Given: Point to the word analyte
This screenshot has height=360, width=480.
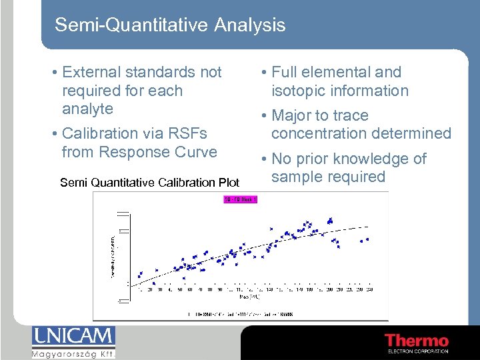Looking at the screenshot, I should (87, 109).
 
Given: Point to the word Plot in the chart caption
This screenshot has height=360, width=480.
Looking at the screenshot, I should (226, 182).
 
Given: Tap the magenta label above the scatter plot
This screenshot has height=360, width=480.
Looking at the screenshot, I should (240, 199).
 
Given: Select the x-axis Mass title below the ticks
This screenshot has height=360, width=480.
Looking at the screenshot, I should (254, 296).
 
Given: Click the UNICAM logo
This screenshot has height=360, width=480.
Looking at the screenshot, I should (73, 337).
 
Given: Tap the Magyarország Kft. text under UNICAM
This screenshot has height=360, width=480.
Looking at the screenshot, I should (73, 353).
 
